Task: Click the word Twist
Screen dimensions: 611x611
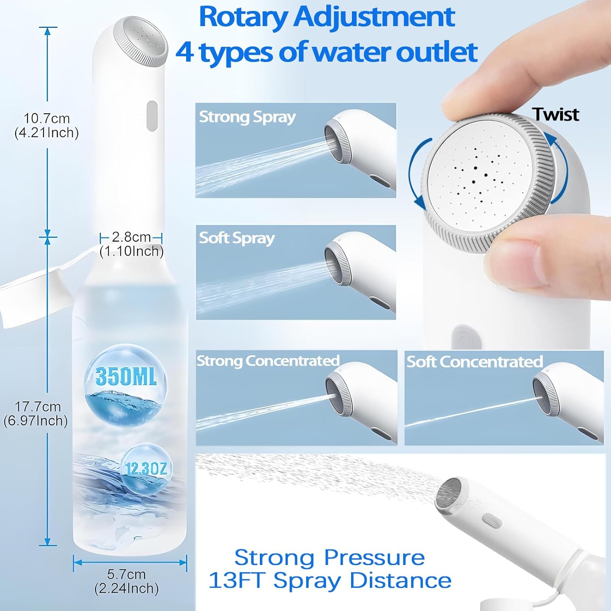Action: pyautogui.click(x=555, y=114)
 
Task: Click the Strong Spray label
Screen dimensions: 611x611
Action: pyautogui.click(x=247, y=117)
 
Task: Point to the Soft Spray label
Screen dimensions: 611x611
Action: pyautogui.click(x=237, y=238)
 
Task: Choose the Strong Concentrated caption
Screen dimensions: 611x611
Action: pyautogui.click(x=268, y=361)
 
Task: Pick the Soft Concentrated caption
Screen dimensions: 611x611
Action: pyautogui.click(x=475, y=362)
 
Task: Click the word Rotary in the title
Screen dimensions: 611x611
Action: pyautogui.click(x=243, y=17)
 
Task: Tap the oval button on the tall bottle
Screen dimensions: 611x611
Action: pyautogui.click(x=152, y=116)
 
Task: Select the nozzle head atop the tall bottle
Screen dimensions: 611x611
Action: pyautogui.click(x=141, y=41)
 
